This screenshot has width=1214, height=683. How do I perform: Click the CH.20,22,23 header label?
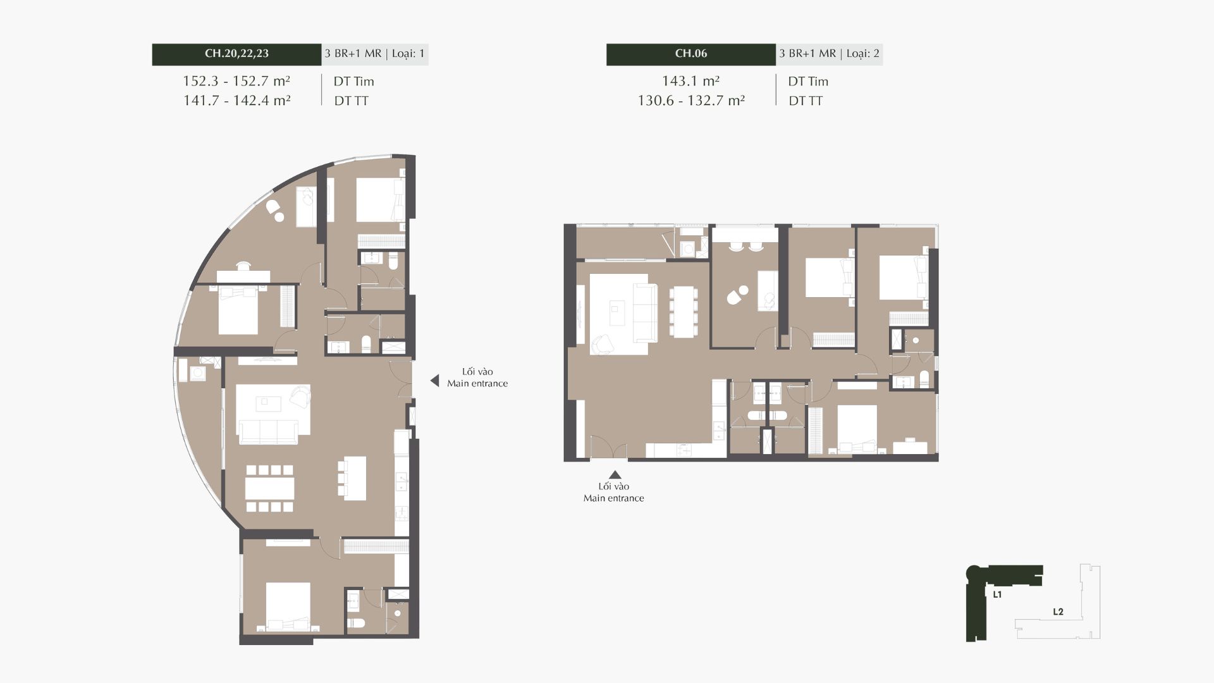point(236,54)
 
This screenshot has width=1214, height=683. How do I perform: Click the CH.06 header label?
point(691,54)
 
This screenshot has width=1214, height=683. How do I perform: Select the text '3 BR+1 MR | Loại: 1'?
point(374,54)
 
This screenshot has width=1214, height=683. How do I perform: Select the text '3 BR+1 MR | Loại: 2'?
point(829,54)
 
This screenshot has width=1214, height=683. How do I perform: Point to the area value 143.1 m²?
point(691,81)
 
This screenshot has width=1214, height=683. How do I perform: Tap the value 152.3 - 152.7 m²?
point(236,81)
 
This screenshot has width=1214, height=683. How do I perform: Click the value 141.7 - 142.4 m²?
point(236,100)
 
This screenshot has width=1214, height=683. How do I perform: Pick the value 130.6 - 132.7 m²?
point(691,100)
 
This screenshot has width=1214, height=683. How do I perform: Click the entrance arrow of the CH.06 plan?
point(614,475)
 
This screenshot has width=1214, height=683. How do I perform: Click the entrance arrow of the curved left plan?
point(434,381)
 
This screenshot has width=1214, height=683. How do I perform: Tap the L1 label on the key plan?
point(997,594)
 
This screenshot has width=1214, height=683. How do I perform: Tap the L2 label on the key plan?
point(1058,612)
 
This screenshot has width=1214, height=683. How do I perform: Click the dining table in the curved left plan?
point(270,488)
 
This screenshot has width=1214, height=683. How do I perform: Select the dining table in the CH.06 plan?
point(684,312)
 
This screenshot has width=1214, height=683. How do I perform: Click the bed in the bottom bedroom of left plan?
point(288,606)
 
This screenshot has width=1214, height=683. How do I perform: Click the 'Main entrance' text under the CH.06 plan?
point(614,498)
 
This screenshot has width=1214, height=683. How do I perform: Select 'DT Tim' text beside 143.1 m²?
point(808,82)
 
